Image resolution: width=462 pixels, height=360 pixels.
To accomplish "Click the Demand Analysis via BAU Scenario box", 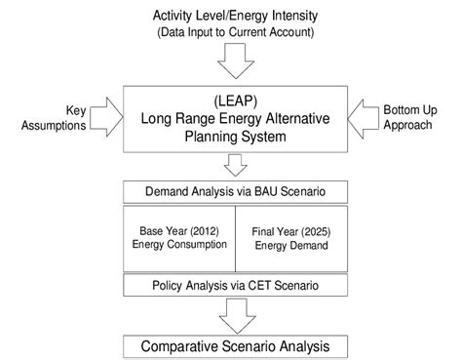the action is (x=234, y=190).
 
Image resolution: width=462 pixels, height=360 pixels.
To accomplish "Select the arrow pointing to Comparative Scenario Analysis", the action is (x=234, y=313).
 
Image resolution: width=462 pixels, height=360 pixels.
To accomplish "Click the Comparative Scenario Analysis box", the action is (x=234, y=344).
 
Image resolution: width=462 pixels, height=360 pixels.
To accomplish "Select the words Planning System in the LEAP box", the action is (x=234, y=139).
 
